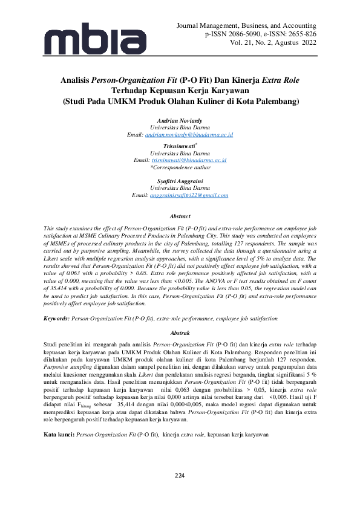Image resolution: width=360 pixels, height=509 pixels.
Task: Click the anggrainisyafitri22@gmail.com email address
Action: click(189, 195)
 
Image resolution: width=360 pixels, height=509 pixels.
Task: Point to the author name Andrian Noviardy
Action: click(180, 121)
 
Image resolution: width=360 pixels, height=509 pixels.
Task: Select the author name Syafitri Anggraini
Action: click(180, 181)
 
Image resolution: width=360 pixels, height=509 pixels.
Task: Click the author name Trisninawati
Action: click(180, 147)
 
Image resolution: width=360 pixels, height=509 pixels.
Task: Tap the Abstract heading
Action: click(180, 216)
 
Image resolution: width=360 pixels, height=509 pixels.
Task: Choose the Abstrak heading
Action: click(180, 333)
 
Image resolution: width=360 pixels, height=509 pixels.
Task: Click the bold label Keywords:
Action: click(56, 317)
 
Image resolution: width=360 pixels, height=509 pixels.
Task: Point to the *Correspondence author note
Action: click(180, 167)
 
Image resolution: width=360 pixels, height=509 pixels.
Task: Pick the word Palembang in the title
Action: click(273, 102)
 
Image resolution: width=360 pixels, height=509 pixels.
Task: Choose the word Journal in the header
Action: click(189, 26)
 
